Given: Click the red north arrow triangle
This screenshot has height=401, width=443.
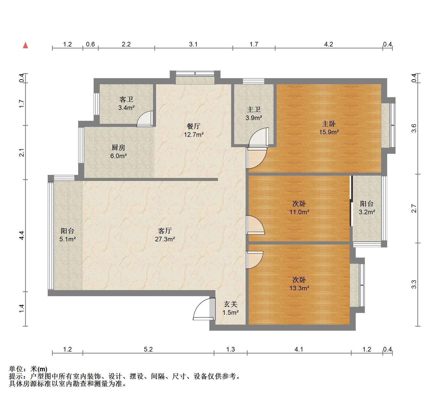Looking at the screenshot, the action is [25, 45].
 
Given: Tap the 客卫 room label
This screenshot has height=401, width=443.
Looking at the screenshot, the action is [126, 99].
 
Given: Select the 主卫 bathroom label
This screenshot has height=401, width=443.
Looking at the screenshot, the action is [254, 109].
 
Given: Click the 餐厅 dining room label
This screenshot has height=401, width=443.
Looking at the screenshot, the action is [194, 126].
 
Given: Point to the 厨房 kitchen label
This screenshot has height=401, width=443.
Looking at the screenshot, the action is [118, 147].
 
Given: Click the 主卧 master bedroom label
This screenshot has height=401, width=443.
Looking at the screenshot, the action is [329, 124].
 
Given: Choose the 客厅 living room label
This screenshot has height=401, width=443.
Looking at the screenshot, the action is [165, 231].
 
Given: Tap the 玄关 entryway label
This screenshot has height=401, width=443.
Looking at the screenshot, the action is [230, 304].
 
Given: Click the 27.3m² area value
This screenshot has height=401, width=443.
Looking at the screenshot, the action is [165, 239].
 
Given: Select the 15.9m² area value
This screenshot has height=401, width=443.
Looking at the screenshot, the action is [329, 132].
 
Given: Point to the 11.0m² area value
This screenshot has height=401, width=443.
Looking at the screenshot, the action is [299, 212].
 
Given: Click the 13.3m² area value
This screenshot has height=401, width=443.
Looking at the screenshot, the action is [299, 288].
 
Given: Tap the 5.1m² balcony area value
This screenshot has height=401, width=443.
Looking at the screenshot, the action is [67, 239].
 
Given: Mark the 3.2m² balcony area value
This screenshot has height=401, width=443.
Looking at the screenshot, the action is [367, 212].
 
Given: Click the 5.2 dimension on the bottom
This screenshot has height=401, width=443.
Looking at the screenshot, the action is [148, 349].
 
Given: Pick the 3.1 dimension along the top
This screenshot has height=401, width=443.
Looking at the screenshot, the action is [193, 44].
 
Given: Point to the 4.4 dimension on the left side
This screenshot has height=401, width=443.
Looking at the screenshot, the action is [22, 236].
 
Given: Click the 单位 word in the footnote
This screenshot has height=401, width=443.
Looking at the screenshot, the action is [15, 369].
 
